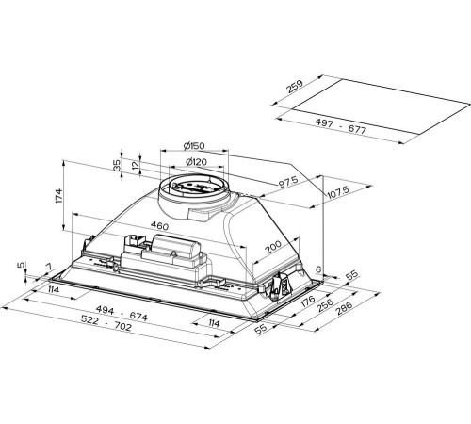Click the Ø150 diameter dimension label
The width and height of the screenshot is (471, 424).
tap(194, 145)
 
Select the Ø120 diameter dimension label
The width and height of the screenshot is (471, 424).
tap(196, 162)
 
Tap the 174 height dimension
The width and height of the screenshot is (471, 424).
tap(59, 196)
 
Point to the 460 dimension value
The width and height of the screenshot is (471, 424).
tap(159, 225)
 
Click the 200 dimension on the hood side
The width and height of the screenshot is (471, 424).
tap(273, 247)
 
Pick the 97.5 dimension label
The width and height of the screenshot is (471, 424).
tap(288, 182)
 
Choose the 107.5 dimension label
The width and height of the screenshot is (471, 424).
tap(338, 192)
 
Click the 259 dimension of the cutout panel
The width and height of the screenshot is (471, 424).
tap(295, 87)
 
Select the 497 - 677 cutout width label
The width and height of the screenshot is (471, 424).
tap(340, 126)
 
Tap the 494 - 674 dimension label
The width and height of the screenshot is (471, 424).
tap(122, 313)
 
